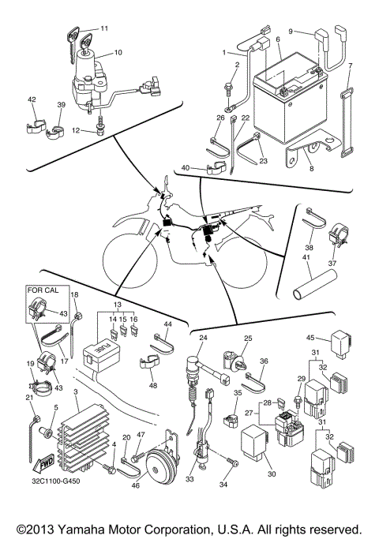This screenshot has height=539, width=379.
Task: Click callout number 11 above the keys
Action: click(104, 28)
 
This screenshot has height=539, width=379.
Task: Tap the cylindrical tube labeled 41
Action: click(312, 281)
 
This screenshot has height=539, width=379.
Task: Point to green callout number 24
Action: click(202, 338)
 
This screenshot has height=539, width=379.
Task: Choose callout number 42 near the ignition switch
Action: click(32, 99)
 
